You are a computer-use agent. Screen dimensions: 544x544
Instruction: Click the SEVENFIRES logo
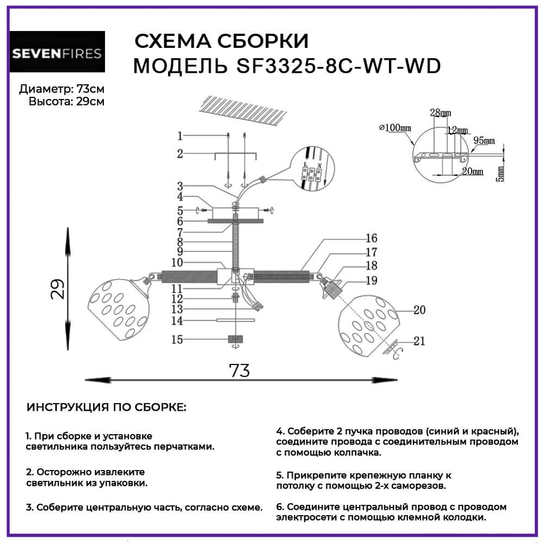(x=58, y=52)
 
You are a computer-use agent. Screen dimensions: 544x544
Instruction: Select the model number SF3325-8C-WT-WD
(x=338, y=66)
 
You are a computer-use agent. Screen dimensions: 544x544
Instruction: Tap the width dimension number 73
(x=239, y=370)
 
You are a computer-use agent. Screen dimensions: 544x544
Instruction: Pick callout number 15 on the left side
(x=177, y=339)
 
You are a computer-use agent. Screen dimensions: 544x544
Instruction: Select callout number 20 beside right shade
(x=419, y=310)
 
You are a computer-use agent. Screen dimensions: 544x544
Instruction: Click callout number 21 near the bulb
(x=419, y=341)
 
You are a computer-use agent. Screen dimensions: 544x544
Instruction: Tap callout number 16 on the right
(x=372, y=238)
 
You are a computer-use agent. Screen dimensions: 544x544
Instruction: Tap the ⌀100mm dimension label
(x=393, y=128)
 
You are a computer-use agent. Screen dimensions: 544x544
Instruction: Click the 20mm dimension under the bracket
(x=472, y=171)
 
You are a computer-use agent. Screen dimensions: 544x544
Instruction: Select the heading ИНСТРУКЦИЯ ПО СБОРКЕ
(x=106, y=408)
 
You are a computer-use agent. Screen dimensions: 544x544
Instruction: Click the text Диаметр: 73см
(x=61, y=89)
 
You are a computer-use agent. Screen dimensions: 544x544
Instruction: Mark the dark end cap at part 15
(x=235, y=340)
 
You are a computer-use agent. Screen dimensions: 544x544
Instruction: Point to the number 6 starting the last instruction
(x=279, y=506)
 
